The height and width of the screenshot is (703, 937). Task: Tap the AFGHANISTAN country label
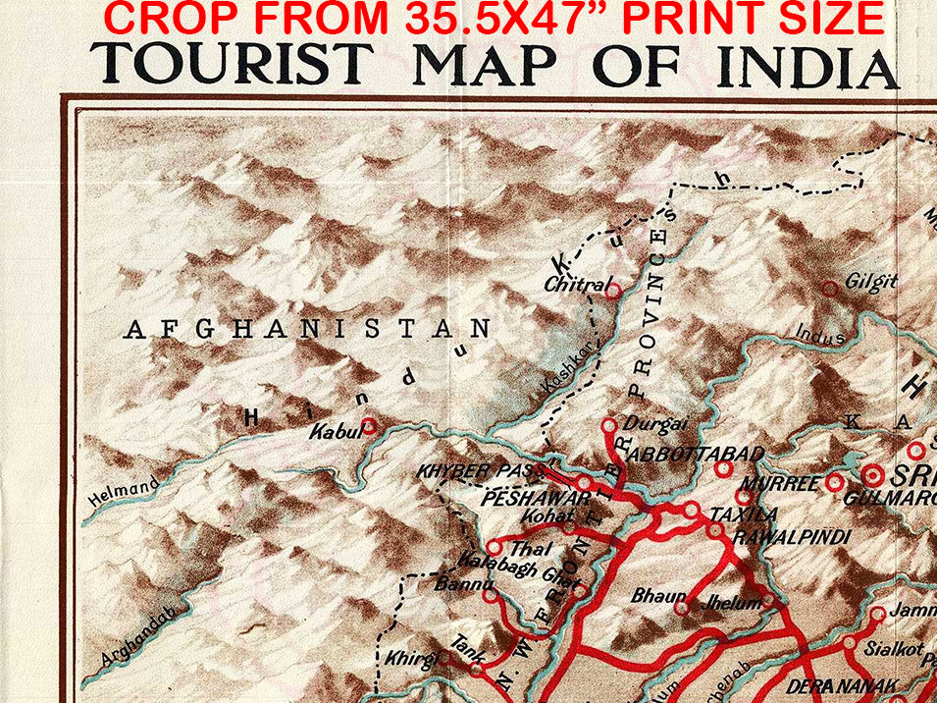pyautogui.click(x=306, y=329)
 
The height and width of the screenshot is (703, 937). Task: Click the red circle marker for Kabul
pyautogui.click(x=369, y=425)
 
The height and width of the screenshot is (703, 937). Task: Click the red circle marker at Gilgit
pyautogui.click(x=829, y=288)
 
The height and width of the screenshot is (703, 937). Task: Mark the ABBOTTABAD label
pyautogui.click(x=695, y=454)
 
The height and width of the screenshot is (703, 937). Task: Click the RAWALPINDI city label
pyautogui.click(x=791, y=537)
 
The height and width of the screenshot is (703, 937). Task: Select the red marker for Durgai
pyautogui.click(x=609, y=425)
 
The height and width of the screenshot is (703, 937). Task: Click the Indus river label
pyautogui.click(x=820, y=335)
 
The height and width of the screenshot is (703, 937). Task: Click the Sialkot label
pyautogui.click(x=894, y=649)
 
